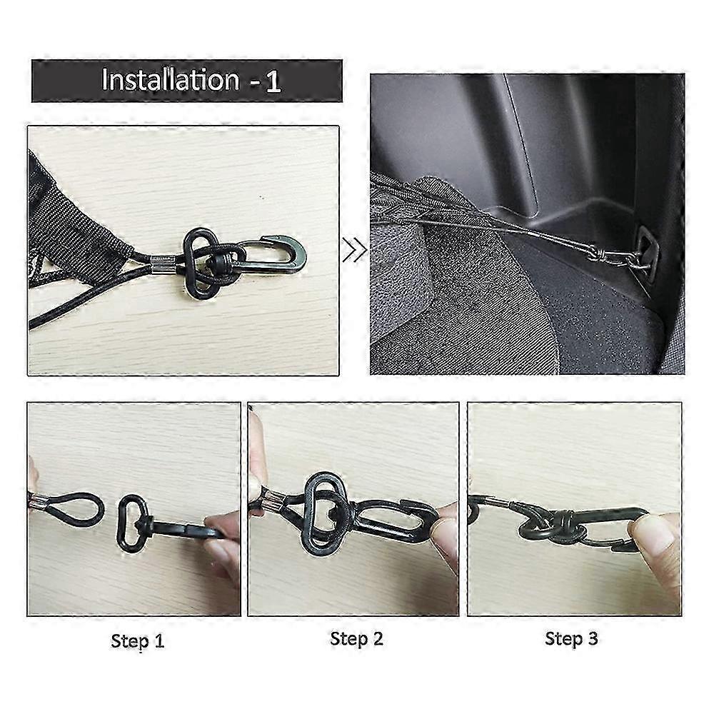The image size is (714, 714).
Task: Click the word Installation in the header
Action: click(x=169, y=80)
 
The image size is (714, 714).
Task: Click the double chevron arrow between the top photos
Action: click(x=354, y=251)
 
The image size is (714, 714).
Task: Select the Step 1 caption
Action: click(x=138, y=640)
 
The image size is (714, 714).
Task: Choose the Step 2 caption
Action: click(x=356, y=638)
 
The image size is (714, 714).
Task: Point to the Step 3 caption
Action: click(x=571, y=638)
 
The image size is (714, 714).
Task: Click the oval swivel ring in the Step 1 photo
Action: click(x=133, y=521)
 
